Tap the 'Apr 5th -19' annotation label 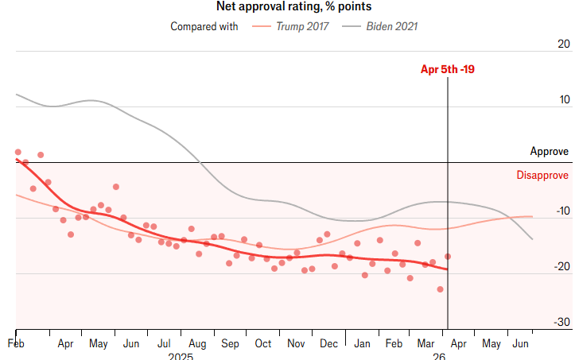(x=448, y=69)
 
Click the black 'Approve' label (x=550, y=151)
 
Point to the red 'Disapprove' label (x=542, y=175)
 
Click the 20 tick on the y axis (x=563, y=45)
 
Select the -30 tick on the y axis (x=561, y=323)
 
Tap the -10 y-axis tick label (x=561, y=211)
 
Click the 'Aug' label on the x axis (x=196, y=344)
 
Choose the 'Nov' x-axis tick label (x=296, y=344)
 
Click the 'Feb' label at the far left (x=16, y=344)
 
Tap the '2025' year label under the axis (x=181, y=357)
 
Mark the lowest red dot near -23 (x=440, y=289)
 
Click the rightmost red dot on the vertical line (x=448, y=256)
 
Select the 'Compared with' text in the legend (x=204, y=26)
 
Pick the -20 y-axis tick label (x=561, y=267)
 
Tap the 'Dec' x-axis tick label (x=328, y=344)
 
